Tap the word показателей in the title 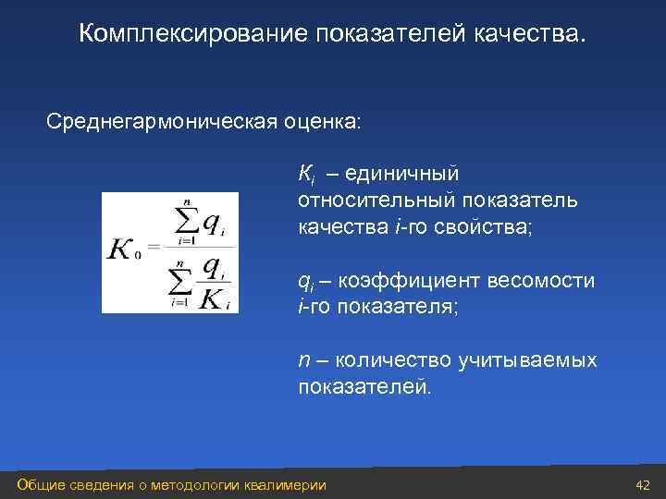(x=392, y=34)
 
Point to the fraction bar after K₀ (x=200, y=249)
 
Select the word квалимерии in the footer (x=284, y=485)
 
